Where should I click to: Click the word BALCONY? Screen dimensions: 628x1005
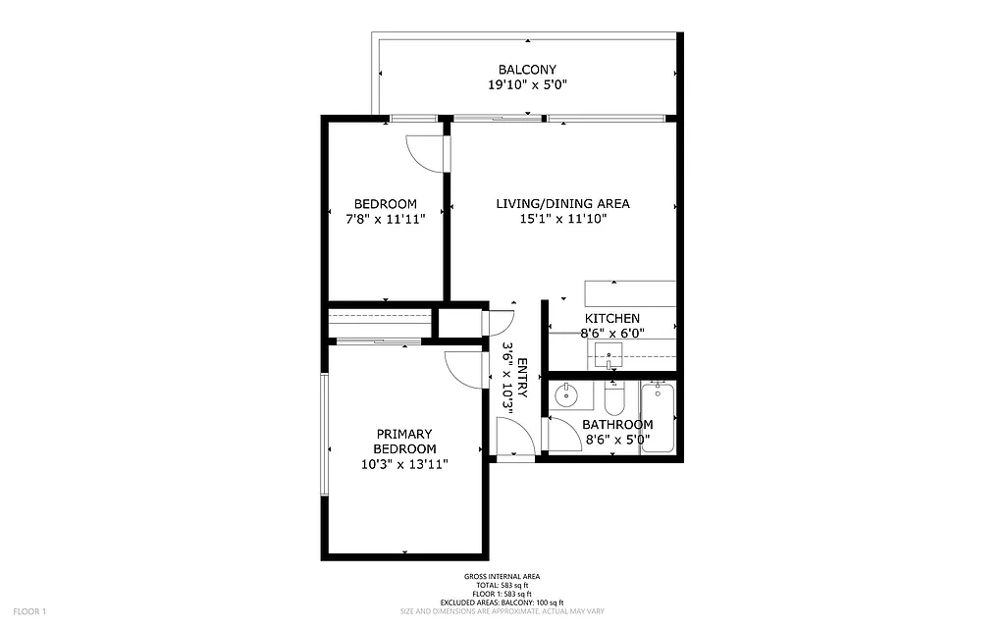527,70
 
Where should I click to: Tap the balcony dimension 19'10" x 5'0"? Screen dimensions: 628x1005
527,85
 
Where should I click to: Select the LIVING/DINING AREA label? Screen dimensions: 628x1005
562,204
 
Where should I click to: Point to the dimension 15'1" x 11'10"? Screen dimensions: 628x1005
562,220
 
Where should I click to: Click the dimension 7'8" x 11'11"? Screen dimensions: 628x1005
385,220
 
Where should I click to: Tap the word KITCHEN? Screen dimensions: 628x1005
612,319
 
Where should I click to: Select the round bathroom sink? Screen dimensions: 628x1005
567,396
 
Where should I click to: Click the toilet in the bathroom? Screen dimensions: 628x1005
614,399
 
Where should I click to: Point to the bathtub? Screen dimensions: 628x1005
658,417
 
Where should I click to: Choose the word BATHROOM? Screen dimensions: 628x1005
617,425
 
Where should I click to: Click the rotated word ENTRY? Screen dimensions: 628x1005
522,379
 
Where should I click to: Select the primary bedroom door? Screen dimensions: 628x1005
463,369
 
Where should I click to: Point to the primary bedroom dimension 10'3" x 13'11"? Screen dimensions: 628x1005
404,464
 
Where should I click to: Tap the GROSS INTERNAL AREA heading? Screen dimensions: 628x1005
502,576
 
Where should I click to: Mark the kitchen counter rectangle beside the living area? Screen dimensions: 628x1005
629,292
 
